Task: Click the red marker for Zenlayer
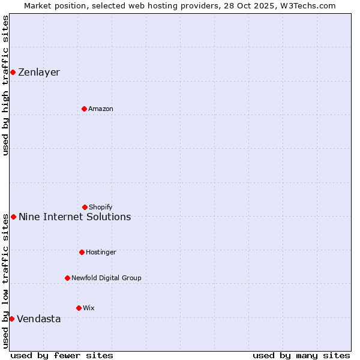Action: coord(13,73)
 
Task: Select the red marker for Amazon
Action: coord(84,109)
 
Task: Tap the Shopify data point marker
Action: coord(85,207)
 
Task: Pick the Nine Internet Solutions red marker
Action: coord(13,217)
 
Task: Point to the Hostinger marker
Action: coord(82,252)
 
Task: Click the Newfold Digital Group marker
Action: coord(67,278)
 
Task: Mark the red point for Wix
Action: coord(79,308)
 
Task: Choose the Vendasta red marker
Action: coord(11,319)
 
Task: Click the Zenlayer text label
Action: coord(39,73)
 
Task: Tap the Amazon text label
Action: coord(101,109)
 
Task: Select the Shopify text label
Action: coord(101,207)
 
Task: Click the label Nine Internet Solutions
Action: coord(74,217)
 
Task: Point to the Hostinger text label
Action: coord(101,252)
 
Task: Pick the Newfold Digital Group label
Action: coord(106,278)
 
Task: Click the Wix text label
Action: coord(89,308)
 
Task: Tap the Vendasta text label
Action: coord(39,319)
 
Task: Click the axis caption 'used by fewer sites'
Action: coord(62,355)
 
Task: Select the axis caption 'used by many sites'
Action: coord(301,355)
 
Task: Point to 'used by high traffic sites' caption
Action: coord(5,85)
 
